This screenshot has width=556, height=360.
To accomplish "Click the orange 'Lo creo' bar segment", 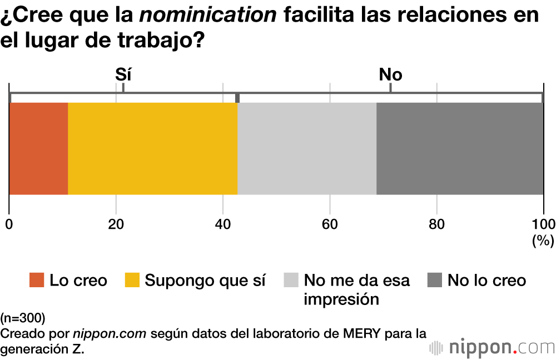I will [x=38, y=148].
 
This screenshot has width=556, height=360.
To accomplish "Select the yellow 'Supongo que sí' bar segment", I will [x=153, y=148].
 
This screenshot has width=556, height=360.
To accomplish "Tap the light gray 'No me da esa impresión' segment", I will [x=307, y=148].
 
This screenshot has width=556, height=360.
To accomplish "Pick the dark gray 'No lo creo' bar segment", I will [x=460, y=148].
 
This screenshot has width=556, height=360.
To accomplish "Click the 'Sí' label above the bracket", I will [x=123, y=74].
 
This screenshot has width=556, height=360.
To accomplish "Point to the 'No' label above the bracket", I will [x=390, y=74].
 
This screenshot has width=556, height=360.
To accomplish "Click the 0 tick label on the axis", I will [x=9, y=224].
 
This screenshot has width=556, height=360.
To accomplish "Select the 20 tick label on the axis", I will [x=116, y=224].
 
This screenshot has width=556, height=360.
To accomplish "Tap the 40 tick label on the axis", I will [x=223, y=224].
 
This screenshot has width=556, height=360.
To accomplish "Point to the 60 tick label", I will [x=330, y=224].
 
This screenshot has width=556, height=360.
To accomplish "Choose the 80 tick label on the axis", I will [x=437, y=224].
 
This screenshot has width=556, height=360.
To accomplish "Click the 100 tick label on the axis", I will [x=543, y=224].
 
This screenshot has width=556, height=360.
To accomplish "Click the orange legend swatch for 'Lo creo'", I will [x=37, y=281].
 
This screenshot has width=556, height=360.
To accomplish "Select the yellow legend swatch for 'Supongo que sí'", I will [x=132, y=281].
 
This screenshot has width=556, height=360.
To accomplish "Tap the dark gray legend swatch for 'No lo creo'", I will [x=435, y=281].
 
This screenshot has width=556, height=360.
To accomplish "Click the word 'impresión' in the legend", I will [x=341, y=299].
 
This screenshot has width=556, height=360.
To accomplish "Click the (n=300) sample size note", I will [x=23, y=318].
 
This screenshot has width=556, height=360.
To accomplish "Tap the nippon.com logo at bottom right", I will [x=492, y=348].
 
